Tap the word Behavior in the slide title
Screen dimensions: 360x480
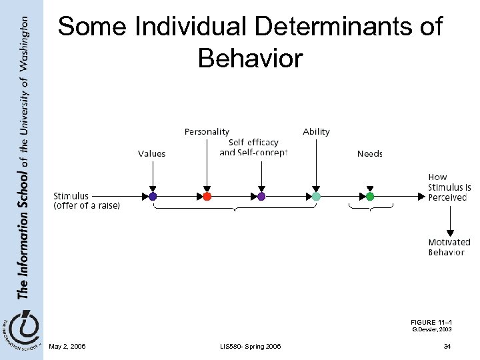coord(250,58)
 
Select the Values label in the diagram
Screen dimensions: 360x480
coord(151,154)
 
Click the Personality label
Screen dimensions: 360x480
coord(207,132)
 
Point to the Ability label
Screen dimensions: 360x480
coord(316,132)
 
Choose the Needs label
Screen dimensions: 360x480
coord(370,154)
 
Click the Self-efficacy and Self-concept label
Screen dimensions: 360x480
coord(253,147)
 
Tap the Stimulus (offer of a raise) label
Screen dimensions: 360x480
coord(87,201)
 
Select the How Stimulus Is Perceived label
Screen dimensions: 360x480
coord(447,187)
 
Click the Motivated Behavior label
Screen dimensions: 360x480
coord(449,247)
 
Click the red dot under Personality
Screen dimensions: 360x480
coord(207,197)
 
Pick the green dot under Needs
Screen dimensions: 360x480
coord(370,197)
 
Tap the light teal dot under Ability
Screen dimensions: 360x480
coord(316,197)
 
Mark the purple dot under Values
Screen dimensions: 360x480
coord(153,197)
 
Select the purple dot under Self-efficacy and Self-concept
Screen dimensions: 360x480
coord(261,197)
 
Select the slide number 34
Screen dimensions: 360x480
coord(447,347)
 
